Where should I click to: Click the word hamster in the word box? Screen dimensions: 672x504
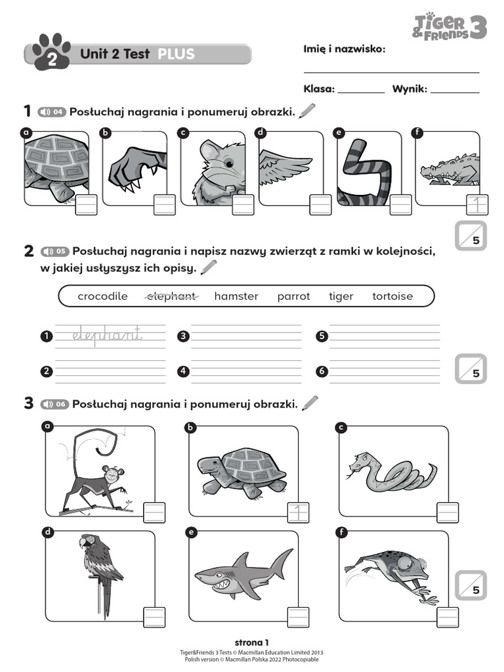pos(236,296)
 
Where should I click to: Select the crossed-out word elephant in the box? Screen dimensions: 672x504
pos(170,296)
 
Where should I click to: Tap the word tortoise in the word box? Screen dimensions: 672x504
pos(392,296)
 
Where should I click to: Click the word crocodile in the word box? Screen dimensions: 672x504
pos(102,296)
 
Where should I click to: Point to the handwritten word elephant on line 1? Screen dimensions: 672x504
pos(107,335)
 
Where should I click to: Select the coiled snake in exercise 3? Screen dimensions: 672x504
pos(391,471)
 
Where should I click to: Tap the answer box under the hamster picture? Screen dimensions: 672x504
pos(243,205)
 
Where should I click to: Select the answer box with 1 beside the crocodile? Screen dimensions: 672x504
pos(477,205)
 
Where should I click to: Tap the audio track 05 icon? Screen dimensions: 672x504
pos(54,251)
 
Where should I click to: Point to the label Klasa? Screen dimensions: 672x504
pos(319,89)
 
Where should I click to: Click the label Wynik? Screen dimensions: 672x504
pos(409,89)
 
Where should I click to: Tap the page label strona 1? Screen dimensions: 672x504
pos(251,642)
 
